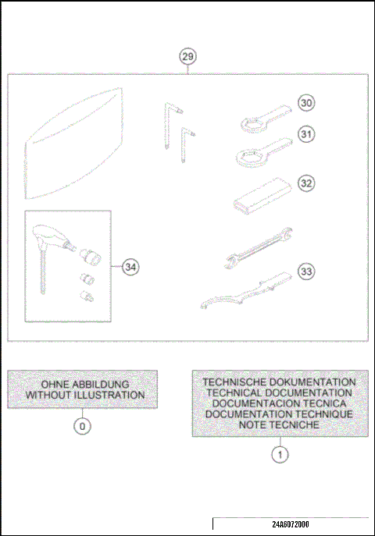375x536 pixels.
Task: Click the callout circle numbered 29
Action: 187,56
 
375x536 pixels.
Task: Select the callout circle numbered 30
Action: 306,102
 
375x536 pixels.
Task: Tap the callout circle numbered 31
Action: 306,135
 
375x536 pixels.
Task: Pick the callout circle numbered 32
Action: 306,183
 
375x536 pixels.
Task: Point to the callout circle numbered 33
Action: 306,272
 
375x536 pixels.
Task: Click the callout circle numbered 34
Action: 130,267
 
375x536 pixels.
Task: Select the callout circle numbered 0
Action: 83,426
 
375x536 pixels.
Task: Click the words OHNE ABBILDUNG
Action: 83,384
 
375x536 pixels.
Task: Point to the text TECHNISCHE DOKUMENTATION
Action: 280,382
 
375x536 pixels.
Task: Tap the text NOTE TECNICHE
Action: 280,424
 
